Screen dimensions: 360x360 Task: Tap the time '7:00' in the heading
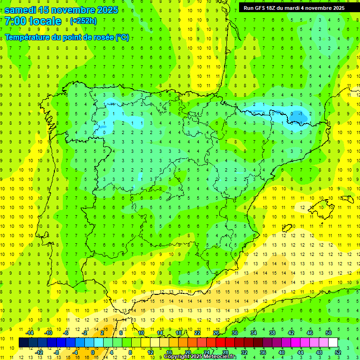pos(16,21)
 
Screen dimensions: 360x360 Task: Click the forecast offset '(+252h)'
pos(83,21)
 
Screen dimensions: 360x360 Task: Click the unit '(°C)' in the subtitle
pos(122,37)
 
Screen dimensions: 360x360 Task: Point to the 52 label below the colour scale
pos(338,352)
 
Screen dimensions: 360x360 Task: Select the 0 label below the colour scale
pos(92,352)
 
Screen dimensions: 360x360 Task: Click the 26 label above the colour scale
pos(216,333)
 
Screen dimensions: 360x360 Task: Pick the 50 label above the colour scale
pos(329,333)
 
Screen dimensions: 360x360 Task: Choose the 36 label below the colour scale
pos(263,352)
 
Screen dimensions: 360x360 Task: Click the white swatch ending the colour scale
pos(333,343)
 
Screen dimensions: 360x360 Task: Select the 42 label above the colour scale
pos(291,333)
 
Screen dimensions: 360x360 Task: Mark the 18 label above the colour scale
pos(179,333)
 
